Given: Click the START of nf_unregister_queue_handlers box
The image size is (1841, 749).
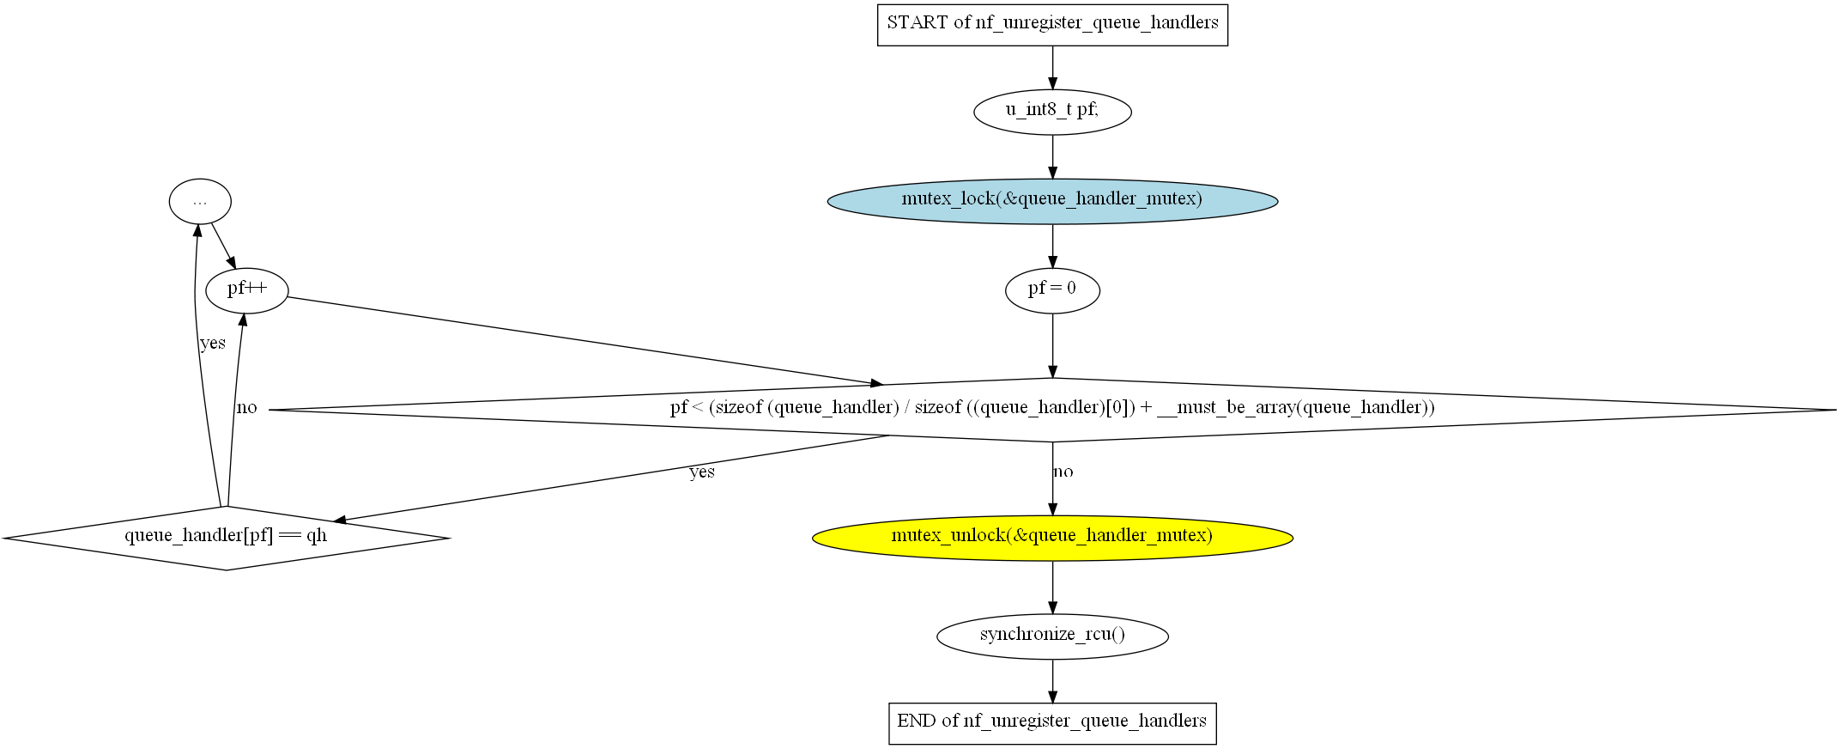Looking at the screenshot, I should tap(1052, 24).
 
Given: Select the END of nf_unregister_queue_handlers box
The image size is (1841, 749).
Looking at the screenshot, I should tap(1052, 722).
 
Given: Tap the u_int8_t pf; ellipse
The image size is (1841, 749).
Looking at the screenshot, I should tap(1052, 112).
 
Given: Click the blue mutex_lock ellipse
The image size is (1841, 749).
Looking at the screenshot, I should tap(1052, 201).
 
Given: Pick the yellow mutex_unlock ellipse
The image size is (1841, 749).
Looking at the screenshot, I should tap(1052, 538).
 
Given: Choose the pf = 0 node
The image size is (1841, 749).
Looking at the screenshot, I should tap(1052, 290).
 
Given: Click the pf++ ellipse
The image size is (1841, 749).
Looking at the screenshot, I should tap(247, 290).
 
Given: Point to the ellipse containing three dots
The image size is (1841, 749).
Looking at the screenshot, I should tap(200, 202).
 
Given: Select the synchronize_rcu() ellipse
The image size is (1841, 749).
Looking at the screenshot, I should tap(1052, 636).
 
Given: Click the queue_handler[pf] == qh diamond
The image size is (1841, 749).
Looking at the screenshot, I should tap(227, 538).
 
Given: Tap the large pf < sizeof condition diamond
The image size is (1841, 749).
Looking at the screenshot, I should tap(1052, 410).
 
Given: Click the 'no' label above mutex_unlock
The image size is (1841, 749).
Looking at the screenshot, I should tap(1063, 472).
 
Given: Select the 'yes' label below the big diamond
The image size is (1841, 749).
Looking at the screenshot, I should tap(702, 472).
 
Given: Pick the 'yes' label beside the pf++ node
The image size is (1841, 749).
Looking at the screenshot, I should tap(213, 344).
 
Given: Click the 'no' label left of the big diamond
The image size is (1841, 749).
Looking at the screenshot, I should tap(247, 408).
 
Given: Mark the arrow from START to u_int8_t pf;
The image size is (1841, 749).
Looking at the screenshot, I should tap(1052, 67).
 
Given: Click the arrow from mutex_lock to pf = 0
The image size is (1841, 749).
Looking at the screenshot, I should tap(1052, 246).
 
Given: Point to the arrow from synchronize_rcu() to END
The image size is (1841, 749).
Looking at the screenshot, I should tap(1052, 681).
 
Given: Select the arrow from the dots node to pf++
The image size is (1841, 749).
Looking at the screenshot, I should tap(223, 246).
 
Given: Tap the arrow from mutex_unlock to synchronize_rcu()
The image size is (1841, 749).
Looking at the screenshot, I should tap(1052, 587).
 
